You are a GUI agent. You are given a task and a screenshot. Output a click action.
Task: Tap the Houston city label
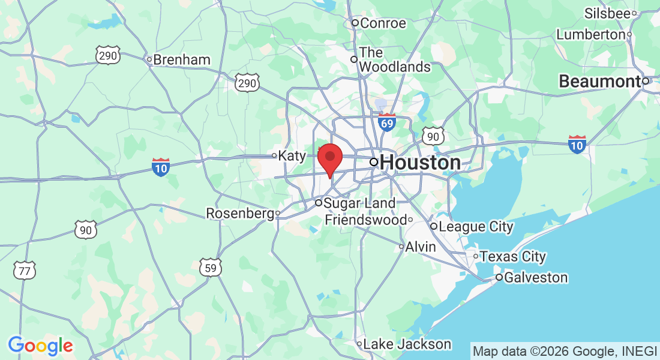tap(420, 163)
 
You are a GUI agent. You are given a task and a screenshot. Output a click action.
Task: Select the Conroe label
tap(383, 23)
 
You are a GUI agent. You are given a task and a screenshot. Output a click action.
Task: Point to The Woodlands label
tap(395, 60)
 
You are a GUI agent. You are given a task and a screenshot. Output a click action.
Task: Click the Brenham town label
tap(182, 59)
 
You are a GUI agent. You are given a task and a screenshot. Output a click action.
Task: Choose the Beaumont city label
tap(599, 82)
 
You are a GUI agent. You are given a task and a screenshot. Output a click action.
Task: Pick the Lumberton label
tap(591, 35)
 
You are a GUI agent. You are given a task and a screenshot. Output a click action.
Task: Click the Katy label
tap(292, 155)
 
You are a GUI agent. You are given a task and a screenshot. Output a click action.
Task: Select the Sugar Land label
tap(359, 203)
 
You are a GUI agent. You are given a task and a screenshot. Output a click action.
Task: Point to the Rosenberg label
tap(240, 213)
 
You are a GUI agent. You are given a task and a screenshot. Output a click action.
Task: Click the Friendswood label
tap(365, 220)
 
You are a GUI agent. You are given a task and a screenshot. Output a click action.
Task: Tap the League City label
tap(476, 226)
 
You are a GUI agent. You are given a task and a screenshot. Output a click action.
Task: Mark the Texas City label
tap(512, 257)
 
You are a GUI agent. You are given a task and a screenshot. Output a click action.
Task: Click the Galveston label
tap(535, 277)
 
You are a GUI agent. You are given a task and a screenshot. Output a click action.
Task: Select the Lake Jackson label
tap(407, 344)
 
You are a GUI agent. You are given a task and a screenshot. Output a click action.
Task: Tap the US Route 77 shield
tap(24, 271)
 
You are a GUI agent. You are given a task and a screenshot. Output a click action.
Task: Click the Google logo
tap(40, 346)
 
